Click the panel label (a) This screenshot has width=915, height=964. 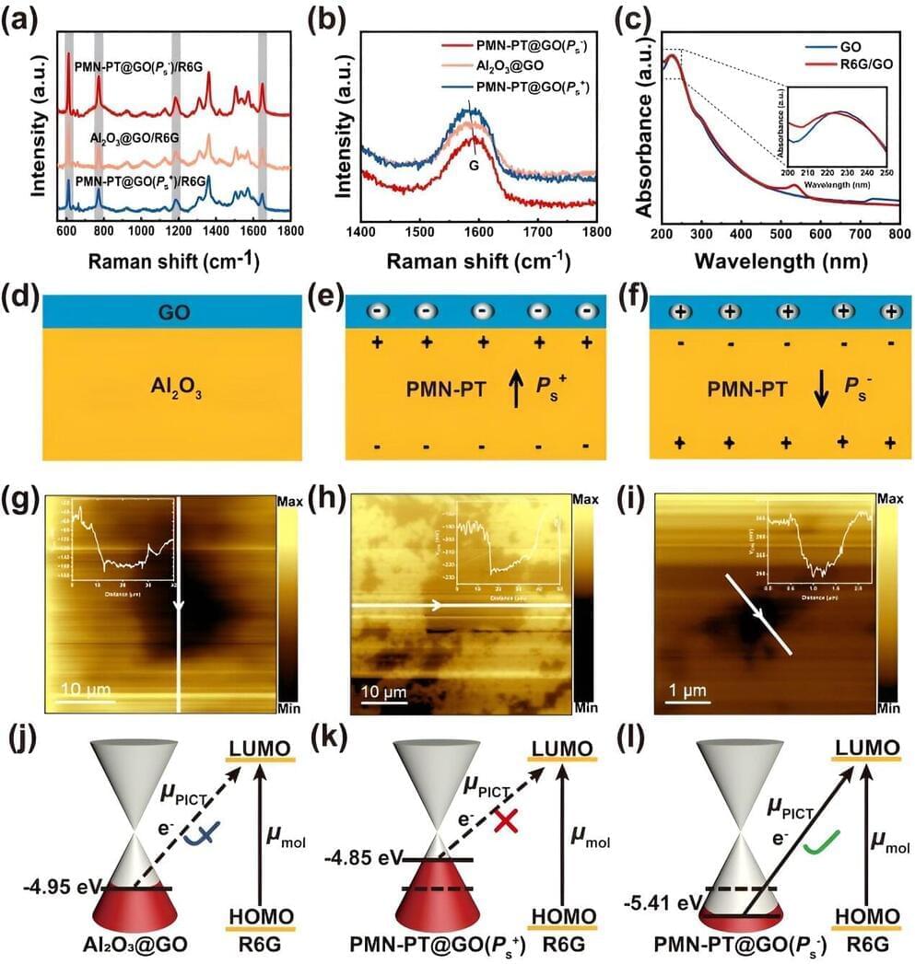tap(19, 17)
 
